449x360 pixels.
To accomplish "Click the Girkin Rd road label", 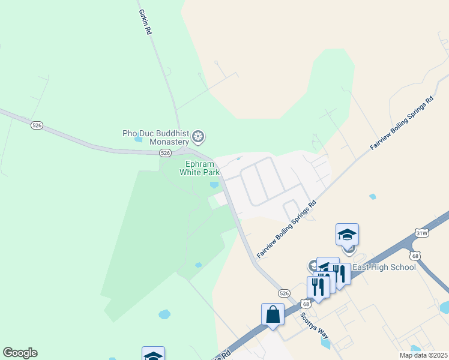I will coord(145,22).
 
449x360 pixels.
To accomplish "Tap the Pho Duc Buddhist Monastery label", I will coord(156,137).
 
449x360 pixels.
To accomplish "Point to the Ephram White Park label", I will coord(200,168).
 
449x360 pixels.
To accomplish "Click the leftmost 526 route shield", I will coord(37,125).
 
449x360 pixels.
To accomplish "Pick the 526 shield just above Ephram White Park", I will coord(166,154).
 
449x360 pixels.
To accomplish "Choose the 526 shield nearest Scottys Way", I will coord(285,293).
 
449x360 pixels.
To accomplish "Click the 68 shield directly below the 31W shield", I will coord(417,256).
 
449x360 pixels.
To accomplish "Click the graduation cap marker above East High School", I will coord(347,234).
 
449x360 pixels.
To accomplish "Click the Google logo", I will coord(20,353).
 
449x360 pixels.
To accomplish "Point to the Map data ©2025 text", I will coord(423,355).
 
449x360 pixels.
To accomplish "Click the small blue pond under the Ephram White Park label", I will coord(214,185).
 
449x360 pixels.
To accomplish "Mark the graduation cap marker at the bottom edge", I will coord(153,355).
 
